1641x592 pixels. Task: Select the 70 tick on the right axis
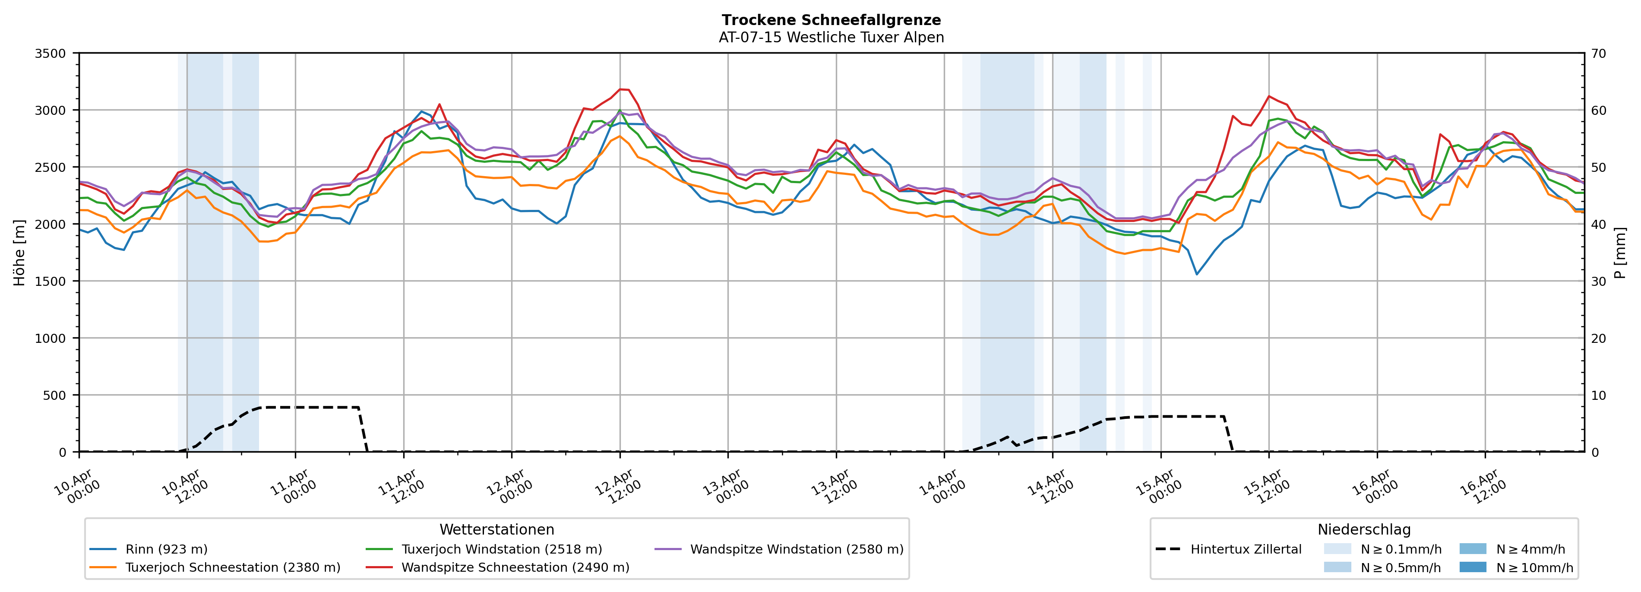click(1598, 54)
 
